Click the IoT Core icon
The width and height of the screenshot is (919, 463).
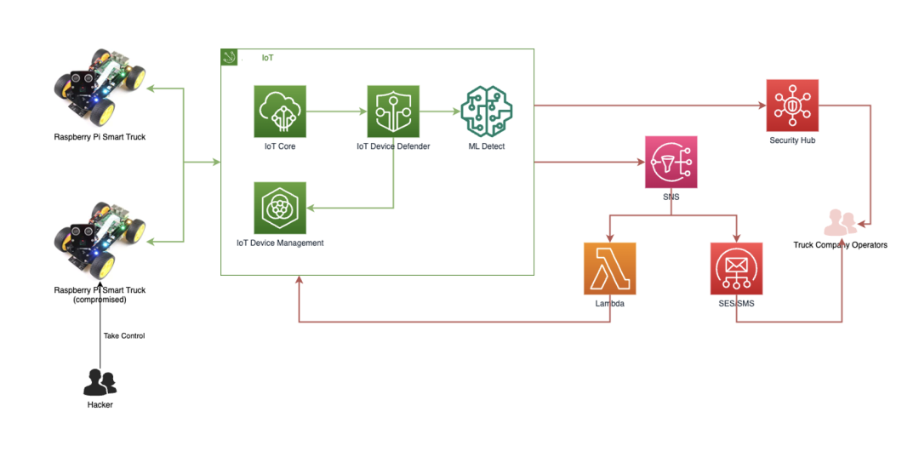pos(280,111)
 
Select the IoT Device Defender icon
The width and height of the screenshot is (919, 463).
pos(393,111)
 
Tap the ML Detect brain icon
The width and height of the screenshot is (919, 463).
pos(487,111)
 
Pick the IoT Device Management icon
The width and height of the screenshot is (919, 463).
pos(280,208)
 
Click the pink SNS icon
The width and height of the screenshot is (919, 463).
pos(671,162)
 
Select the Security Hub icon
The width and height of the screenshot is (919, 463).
pos(792,106)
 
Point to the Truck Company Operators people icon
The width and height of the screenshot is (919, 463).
pos(841,223)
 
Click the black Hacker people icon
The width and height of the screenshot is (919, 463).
pos(100,382)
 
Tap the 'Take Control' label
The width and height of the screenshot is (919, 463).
pos(124,336)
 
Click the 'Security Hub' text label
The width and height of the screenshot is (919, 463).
pos(792,140)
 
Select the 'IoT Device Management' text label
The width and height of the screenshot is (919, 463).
pos(280,243)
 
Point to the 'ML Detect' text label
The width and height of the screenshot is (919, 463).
pos(487,146)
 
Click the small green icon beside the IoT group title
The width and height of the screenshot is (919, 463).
pos(229,57)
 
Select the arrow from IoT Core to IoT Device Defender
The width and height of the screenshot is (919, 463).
pos(336,111)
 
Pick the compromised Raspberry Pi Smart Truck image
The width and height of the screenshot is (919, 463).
pos(100,238)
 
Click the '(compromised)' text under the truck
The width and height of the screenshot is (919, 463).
pos(100,300)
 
